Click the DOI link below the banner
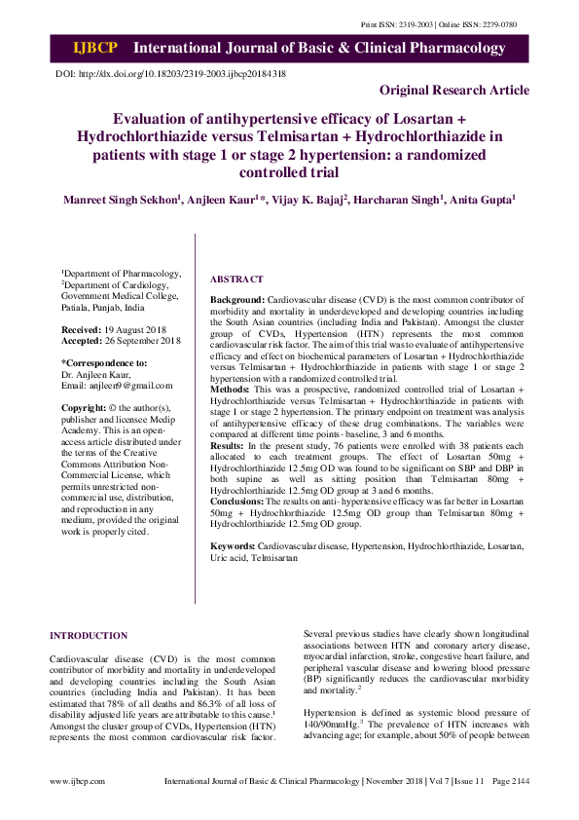[170, 74]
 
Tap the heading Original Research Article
[454, 91]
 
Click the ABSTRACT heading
[236, 279]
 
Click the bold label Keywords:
[234, 548]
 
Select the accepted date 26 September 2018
[146, 341]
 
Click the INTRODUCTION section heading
[89, 636]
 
